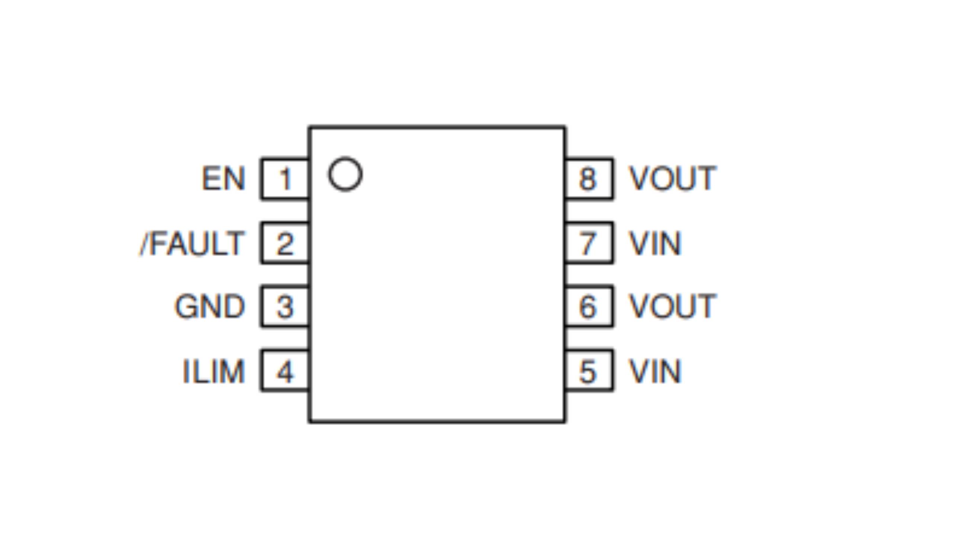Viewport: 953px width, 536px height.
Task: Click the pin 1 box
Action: (x=285, y=179)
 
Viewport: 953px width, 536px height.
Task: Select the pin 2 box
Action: (x=285, y=243)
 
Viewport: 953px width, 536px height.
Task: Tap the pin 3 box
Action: (x=285, y=306)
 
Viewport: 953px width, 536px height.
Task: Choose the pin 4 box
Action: (x=285, y=371)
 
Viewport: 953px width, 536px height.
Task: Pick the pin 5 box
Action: (x=588, y=371)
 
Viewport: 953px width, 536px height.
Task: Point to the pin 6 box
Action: (x=588, y=306)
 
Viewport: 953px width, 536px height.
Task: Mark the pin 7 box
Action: (x=588, y=243)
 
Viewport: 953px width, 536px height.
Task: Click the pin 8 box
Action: (x=588, y=179)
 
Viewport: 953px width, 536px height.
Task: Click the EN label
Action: (x=223, y=179)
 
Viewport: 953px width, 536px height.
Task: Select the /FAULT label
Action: (x=192, y=243)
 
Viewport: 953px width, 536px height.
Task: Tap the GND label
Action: (x=210, y=307)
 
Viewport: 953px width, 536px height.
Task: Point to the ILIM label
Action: (x=214, y=371)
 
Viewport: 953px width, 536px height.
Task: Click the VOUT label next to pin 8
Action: (x=672, y=179)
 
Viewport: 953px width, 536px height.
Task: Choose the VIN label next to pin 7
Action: (x=655, y=243)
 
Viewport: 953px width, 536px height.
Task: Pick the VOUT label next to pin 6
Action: (x=672, y=307)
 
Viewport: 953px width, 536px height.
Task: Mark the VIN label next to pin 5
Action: (x=655, y=371)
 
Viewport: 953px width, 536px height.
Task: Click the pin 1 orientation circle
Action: (x=345, y=174)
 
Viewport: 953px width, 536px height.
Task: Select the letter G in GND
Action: (x=186, y=307)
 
